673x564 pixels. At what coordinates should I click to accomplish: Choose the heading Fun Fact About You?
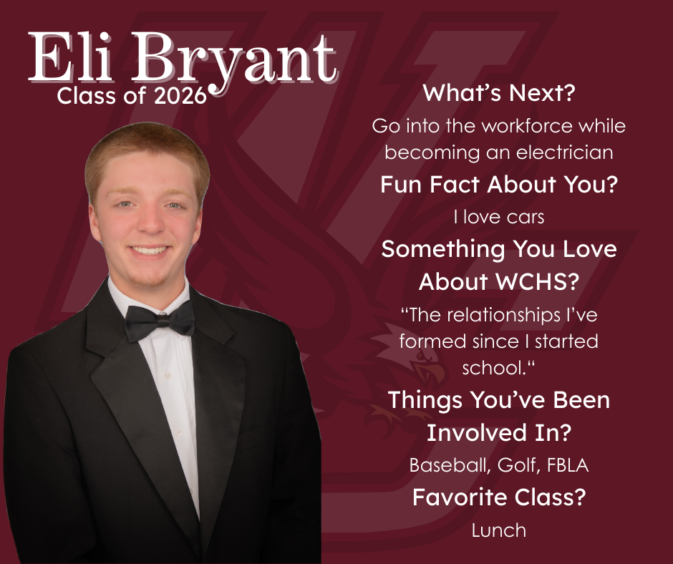point(498,185)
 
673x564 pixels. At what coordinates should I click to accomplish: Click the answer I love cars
point(498,216)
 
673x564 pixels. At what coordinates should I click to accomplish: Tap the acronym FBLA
point(567,465)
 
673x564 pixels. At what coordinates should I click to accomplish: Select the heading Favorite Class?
point(498,497)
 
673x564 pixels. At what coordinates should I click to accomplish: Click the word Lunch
point(498,530)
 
